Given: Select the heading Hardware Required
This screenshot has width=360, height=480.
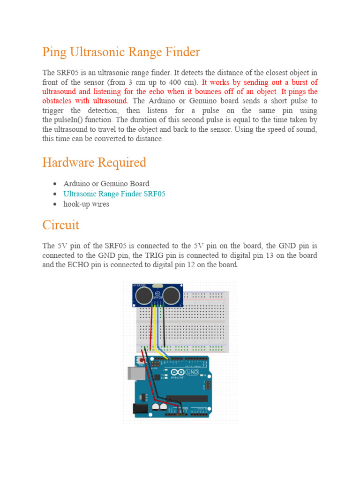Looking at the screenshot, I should (94, 163).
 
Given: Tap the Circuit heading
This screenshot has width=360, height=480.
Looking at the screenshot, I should (60, 225).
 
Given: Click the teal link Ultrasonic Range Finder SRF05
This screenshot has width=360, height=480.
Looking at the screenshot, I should (114, 194).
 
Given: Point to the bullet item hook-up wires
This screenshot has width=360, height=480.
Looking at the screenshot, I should (86, 204).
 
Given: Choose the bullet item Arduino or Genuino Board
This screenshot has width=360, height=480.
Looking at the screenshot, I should (106, 183).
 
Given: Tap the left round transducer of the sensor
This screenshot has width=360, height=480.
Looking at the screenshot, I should (145, 295).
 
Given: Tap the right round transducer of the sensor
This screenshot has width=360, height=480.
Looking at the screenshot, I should (172, 295).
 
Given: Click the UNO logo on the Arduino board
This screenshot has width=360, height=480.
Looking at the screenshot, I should (192, 373).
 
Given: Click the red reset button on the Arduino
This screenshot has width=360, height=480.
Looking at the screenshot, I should (142, 360).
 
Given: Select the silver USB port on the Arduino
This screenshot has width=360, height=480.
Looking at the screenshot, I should (135, 373).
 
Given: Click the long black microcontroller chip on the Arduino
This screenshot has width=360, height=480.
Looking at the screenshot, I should (193, 398).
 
